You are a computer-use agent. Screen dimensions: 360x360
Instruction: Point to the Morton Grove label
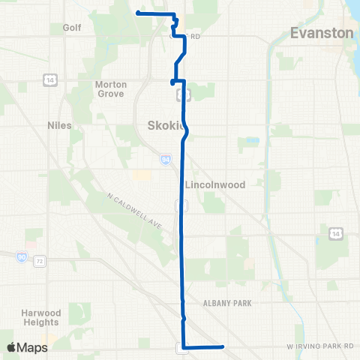tap(110, 89)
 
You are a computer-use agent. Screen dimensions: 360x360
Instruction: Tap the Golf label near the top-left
tap(72, 27)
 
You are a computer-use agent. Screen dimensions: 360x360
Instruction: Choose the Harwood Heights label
tap(41, 317)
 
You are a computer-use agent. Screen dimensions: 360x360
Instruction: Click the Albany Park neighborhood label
tap(226, 302)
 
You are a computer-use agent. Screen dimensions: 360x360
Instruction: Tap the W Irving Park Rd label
tap(319, 346)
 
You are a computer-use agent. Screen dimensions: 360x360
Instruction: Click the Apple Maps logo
tap(27, 347)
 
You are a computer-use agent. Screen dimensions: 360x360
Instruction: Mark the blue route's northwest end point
tap(137, 13)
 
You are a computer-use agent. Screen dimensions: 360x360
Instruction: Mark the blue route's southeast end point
tap(223, 346)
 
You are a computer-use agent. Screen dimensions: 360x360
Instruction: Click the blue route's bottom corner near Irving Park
tap(184, 346)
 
